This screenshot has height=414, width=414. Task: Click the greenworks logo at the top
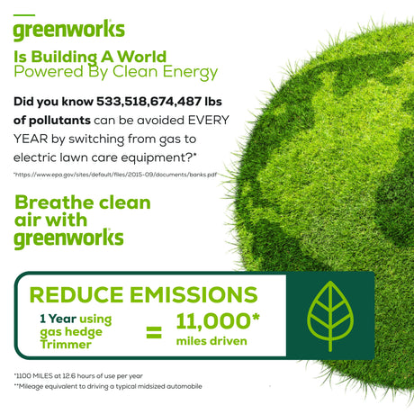coord(68,31)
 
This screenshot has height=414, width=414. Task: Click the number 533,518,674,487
coord(148,102)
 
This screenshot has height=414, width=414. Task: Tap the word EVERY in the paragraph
coord(209,121)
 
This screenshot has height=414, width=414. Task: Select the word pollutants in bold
coord(60,121)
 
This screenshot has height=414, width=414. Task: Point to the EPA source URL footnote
coord(115,175)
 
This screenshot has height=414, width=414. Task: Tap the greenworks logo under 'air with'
coord(68,238)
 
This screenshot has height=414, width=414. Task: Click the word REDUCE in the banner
coord(76,294)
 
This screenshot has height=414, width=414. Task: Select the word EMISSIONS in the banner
coord(193,294)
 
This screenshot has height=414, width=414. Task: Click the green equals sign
coord(154,332)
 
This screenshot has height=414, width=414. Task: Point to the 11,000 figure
coord(213,321)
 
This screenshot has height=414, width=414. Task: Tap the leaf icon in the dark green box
coord(330,316)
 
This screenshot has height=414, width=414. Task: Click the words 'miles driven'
coord(211,341)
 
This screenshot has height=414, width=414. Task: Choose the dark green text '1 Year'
coord(58,319)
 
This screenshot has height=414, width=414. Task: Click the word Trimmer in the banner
coord(66,345)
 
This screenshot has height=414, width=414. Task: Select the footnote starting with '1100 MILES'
coord(78,376)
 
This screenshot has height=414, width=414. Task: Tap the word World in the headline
coord(141,57)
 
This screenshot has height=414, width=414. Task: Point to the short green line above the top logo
coord(24,15)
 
